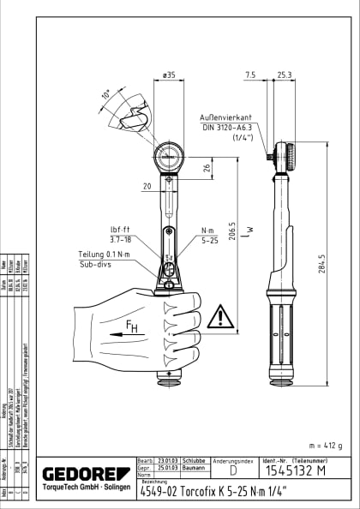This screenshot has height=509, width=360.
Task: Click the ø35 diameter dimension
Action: pos(169,76)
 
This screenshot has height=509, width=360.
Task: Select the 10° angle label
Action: pos(105,94)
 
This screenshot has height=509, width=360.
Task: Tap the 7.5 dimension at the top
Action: pos(249,75)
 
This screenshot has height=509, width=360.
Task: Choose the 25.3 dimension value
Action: pos(285,75)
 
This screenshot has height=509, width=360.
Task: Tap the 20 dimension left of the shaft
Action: pos(147,185)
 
